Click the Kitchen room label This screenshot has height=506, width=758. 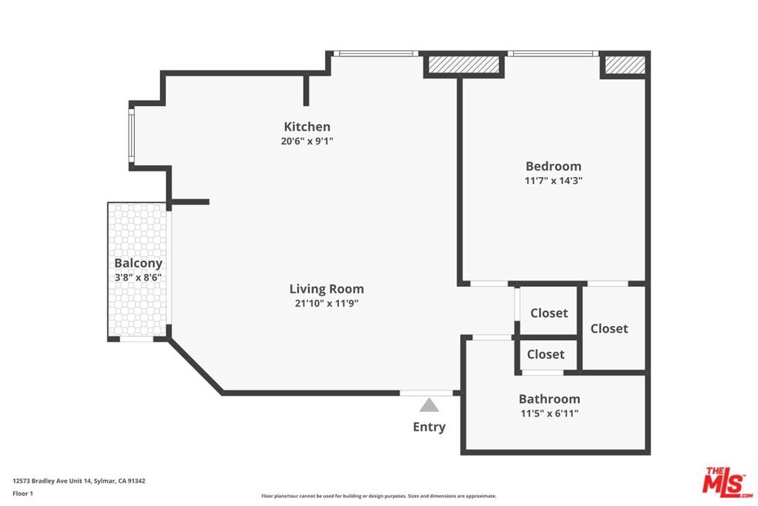307,127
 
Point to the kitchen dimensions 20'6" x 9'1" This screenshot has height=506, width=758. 307,142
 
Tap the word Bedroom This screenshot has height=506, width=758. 554,167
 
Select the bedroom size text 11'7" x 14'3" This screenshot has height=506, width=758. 554,181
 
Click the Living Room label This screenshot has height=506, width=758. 326,289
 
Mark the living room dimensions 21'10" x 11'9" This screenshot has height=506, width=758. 326,304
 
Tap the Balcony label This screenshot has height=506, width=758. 138,264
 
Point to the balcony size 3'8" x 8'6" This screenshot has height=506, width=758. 138,278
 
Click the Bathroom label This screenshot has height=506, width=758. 550,399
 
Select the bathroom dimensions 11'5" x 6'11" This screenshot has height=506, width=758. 550,413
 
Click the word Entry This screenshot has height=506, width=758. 429,427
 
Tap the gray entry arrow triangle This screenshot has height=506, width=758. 429,405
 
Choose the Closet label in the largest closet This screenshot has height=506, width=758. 609,329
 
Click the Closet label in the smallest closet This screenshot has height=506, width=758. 546,355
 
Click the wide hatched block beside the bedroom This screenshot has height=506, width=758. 464,64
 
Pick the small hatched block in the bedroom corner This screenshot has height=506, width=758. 625,64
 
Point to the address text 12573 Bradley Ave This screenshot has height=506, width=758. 42,481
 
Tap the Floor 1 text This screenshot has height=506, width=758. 23,493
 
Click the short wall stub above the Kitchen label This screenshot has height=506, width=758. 306,90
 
